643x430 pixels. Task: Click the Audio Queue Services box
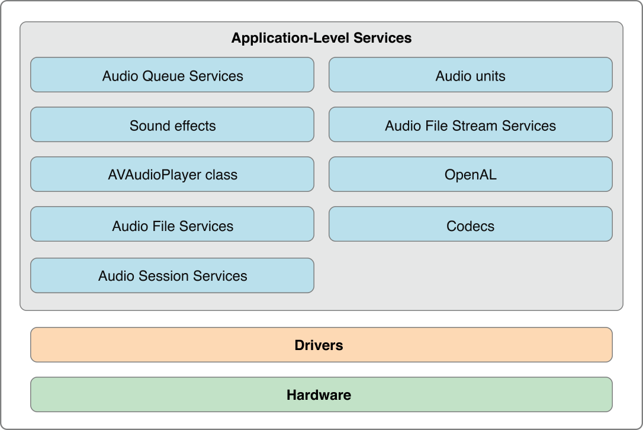(172, 75)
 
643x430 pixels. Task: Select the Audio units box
(470, 75)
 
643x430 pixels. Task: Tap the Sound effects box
(172, 125)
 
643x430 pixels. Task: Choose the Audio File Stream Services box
(470, 125)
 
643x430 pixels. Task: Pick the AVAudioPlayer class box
(172, 175)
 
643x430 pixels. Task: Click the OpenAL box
(470, 175)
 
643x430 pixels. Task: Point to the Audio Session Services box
(172, 276)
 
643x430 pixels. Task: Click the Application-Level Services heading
(321, 38)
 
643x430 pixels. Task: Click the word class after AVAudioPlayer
(221, 175)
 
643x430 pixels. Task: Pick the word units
(489, 76)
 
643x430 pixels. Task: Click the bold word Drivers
(319, 345)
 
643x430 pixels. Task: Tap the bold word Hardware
(319, 395)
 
